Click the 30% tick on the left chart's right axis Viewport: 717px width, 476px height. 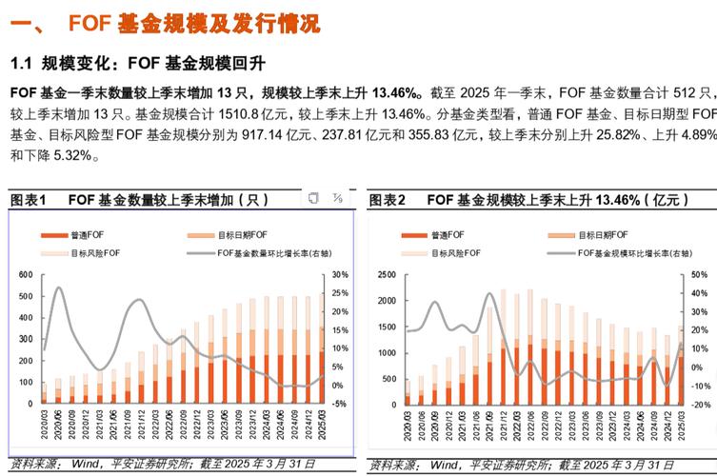point(336,275)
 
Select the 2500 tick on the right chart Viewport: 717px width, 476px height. point(387,275)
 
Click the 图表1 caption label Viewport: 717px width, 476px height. point(29,200)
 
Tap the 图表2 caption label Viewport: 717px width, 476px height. point(388,200)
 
